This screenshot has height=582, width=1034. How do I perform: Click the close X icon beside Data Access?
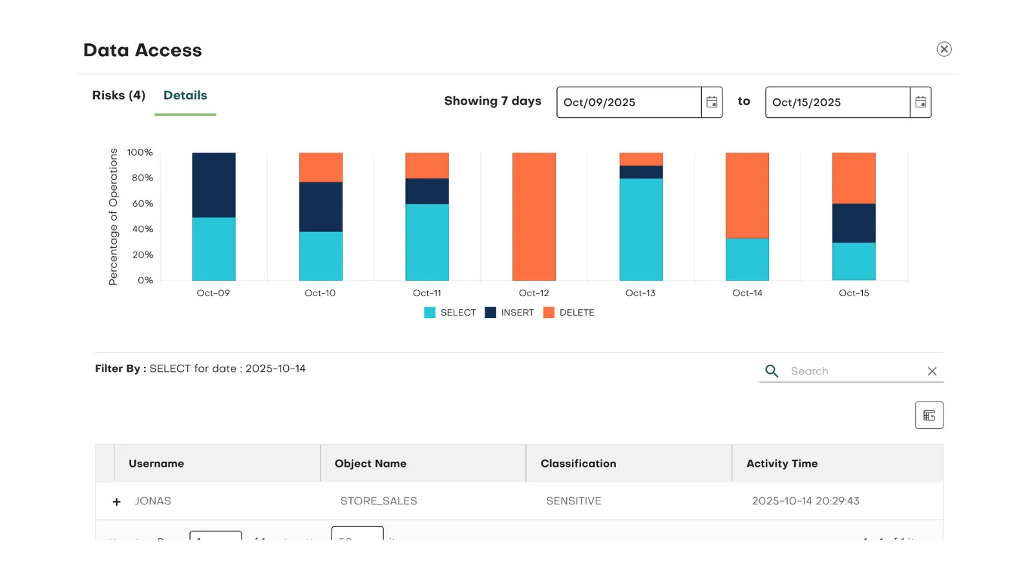pos(944,49)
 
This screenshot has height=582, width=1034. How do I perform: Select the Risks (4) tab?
pos(119,96)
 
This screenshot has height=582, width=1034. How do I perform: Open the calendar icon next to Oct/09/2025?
pos(712,102)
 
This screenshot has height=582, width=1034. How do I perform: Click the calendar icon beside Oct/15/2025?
pos(920,102)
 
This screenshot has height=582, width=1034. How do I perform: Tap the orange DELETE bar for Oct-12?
pos(534,217)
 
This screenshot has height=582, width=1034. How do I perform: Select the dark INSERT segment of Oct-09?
pos(214,185)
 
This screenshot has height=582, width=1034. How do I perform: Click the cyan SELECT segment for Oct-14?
pos(747,259)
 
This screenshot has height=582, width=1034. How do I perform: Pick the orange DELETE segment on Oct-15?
pos(854,178)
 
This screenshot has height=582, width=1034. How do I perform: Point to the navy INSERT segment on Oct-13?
pos(641,172)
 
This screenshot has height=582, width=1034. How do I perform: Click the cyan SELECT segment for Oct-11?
pos(427,242)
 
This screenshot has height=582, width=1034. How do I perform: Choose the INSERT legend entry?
pos(509,313)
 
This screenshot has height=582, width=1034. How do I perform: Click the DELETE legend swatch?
pos(549,313)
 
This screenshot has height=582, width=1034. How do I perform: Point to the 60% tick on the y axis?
pos(143,204)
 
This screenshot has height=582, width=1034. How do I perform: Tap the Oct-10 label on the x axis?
pos(320,293)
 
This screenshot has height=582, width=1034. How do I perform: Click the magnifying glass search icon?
pos(772,371)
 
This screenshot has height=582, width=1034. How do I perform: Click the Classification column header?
pos(578,464)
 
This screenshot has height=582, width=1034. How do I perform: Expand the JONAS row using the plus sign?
pos(116,502)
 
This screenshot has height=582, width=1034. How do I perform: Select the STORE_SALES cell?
pos(379,501)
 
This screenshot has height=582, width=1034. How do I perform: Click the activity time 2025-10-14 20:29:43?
pos(805,501)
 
